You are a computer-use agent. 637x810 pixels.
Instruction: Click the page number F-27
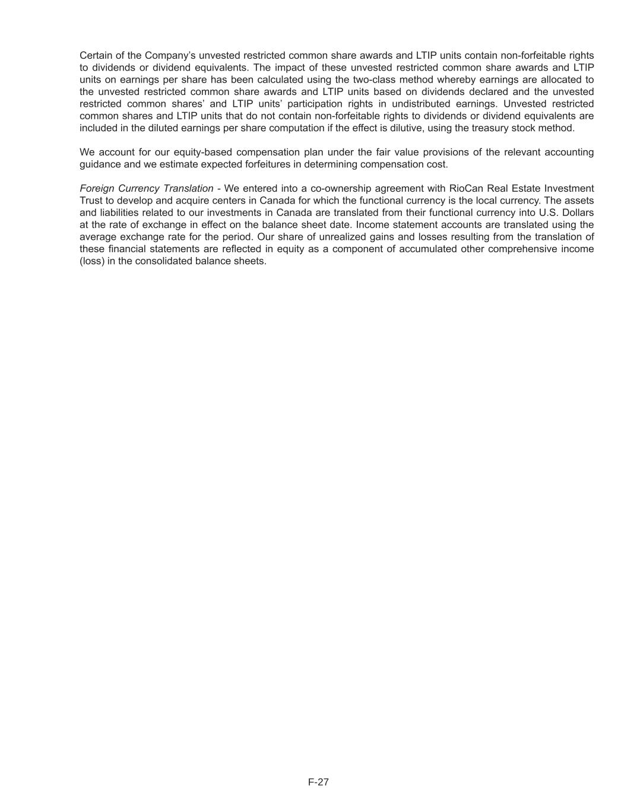(x=318, y=782)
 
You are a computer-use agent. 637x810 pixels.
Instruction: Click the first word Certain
(x=96, y=55)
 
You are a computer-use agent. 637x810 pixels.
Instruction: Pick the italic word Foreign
(x=97, y=188)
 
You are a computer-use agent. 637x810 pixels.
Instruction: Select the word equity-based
(x=202, y=152)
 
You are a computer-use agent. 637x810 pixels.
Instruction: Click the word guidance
(x=100, y=164)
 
